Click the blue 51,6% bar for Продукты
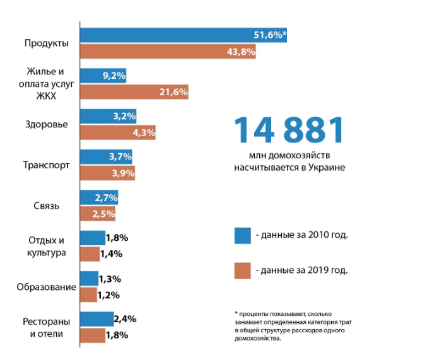(183, 35)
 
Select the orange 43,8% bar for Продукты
(168, 52)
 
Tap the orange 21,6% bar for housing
(134, 92)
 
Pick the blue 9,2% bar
(103, 76)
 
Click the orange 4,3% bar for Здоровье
(118, 133)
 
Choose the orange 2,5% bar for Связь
(98, 214)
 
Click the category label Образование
(47, 287)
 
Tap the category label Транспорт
(46, 166)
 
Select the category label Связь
(46, 206)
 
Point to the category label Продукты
(46, 43)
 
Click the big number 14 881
(289, 131)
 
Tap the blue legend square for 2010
(242, 235)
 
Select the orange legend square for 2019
(242, 270)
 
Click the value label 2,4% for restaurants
(126, 318)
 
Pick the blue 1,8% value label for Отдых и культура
(117, 238)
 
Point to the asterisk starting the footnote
(236, 313)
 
